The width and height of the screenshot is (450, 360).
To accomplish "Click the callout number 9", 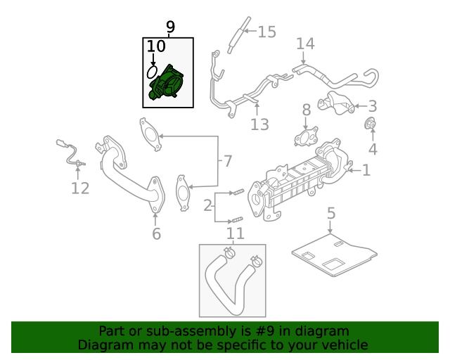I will pos(170,27).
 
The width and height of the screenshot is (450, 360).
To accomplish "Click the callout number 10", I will pos(156,46).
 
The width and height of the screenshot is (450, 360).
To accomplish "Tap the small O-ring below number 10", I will pos(151,72).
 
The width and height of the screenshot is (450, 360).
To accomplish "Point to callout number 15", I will pos(267,32).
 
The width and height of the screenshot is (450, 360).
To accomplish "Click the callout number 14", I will pos(304,44).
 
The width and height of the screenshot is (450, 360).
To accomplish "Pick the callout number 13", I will pos(259,124).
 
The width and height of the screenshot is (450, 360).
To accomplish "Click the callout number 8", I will pos(307,110).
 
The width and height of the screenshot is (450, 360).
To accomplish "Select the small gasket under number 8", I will pos(307,137).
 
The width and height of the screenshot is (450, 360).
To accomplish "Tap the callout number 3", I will pos(372,106).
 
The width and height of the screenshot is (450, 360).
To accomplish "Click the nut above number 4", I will pos(369,126).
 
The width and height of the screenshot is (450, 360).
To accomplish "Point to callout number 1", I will pos(365,169).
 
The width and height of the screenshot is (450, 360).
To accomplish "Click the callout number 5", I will pos(331,212).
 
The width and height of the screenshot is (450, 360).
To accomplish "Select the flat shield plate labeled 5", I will pos(334,253).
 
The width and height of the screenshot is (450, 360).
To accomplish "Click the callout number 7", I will pos(226,161).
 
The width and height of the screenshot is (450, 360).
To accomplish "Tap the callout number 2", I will pos(208,206).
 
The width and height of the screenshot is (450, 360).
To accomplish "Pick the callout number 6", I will pos(156,233).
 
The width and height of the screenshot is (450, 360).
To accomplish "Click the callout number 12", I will pos(80,188).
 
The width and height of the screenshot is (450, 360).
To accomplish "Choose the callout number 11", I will pos(235,233).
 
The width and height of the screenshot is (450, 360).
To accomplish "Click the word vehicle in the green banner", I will pos(342,345).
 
